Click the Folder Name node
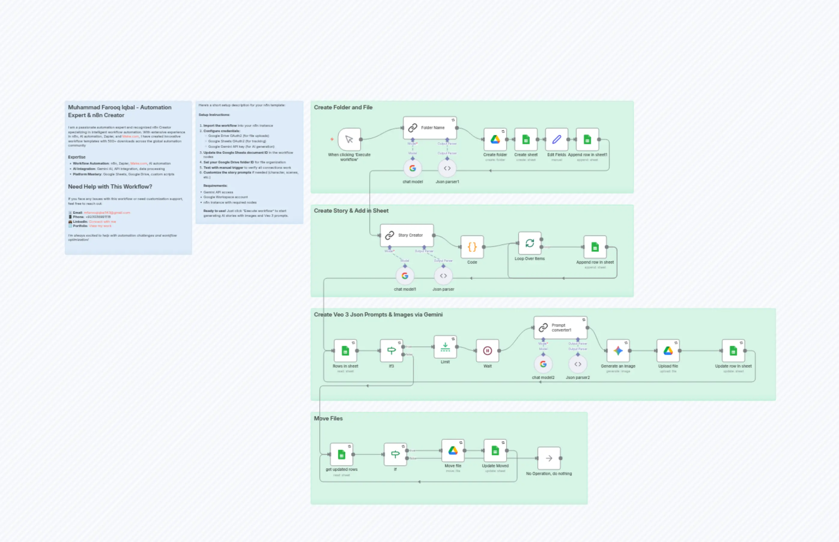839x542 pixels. point(430,128)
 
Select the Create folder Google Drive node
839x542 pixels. point(495,140)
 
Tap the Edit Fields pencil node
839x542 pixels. point(556,140)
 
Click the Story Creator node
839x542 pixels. point(407,235)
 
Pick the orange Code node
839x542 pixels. point(472,247)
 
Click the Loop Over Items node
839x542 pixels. point(529,243)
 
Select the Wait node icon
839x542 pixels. point(487,350)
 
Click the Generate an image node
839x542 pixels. point(618,350)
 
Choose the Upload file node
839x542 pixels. point(668,350)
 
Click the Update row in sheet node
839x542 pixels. point(733,350)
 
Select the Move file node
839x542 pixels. point(453,450)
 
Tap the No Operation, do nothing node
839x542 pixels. point(549,458)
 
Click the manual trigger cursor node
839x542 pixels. point(349,140)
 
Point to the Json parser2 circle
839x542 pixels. point(577,364)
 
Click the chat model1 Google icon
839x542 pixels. point(405,276)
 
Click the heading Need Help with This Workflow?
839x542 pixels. point(110,186)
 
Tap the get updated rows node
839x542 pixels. point(341,454)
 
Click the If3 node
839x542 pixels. point(391,350)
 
